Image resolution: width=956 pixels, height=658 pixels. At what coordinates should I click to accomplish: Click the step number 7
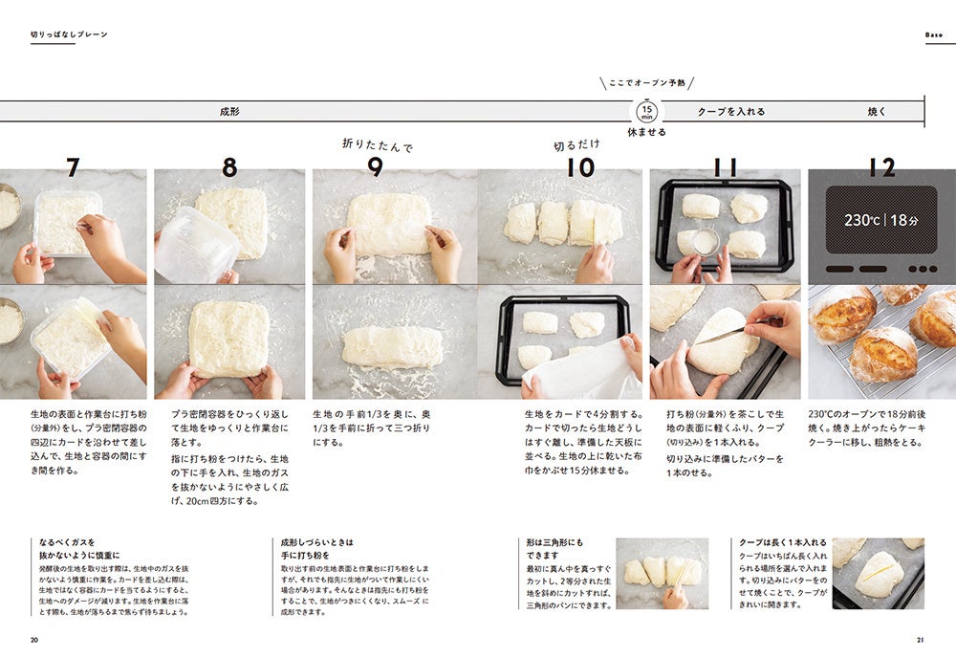point(74,167)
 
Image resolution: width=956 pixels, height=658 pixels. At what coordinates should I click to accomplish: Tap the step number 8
point(229,167)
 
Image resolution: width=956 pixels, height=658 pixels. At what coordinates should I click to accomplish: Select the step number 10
point(580,167)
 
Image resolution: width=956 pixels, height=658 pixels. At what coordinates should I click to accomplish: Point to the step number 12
point(881,167)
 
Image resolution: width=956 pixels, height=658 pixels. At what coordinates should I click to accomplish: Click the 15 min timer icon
point(647,112)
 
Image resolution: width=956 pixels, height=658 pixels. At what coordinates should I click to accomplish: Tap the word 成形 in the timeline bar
point(229,112)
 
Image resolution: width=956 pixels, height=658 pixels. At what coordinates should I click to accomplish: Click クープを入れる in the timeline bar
point(731,112)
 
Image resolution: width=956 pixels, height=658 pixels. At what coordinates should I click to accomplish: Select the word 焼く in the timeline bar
point(877,112)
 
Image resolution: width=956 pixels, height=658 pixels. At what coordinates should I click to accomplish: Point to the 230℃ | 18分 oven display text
point(881,220)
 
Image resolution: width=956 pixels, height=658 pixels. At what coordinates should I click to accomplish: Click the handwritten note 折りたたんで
point(378,145)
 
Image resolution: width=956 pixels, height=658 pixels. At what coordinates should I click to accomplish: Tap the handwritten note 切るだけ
point(576,145)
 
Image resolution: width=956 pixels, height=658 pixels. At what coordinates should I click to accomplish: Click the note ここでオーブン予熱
point(647,83)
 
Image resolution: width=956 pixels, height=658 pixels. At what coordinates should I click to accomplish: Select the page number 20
point(34,640)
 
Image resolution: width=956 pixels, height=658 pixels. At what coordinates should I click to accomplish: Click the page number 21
point(921,640)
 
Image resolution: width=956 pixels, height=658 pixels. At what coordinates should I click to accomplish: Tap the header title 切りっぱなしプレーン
point(69,34)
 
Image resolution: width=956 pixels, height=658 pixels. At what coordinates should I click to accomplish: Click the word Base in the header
point(933,34)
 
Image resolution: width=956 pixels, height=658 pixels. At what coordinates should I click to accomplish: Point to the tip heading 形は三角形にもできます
point(554,549)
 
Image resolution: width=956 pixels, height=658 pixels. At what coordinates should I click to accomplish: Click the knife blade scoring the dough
point(720,334)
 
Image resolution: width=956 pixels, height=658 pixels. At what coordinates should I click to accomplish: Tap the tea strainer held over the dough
point(706,243)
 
